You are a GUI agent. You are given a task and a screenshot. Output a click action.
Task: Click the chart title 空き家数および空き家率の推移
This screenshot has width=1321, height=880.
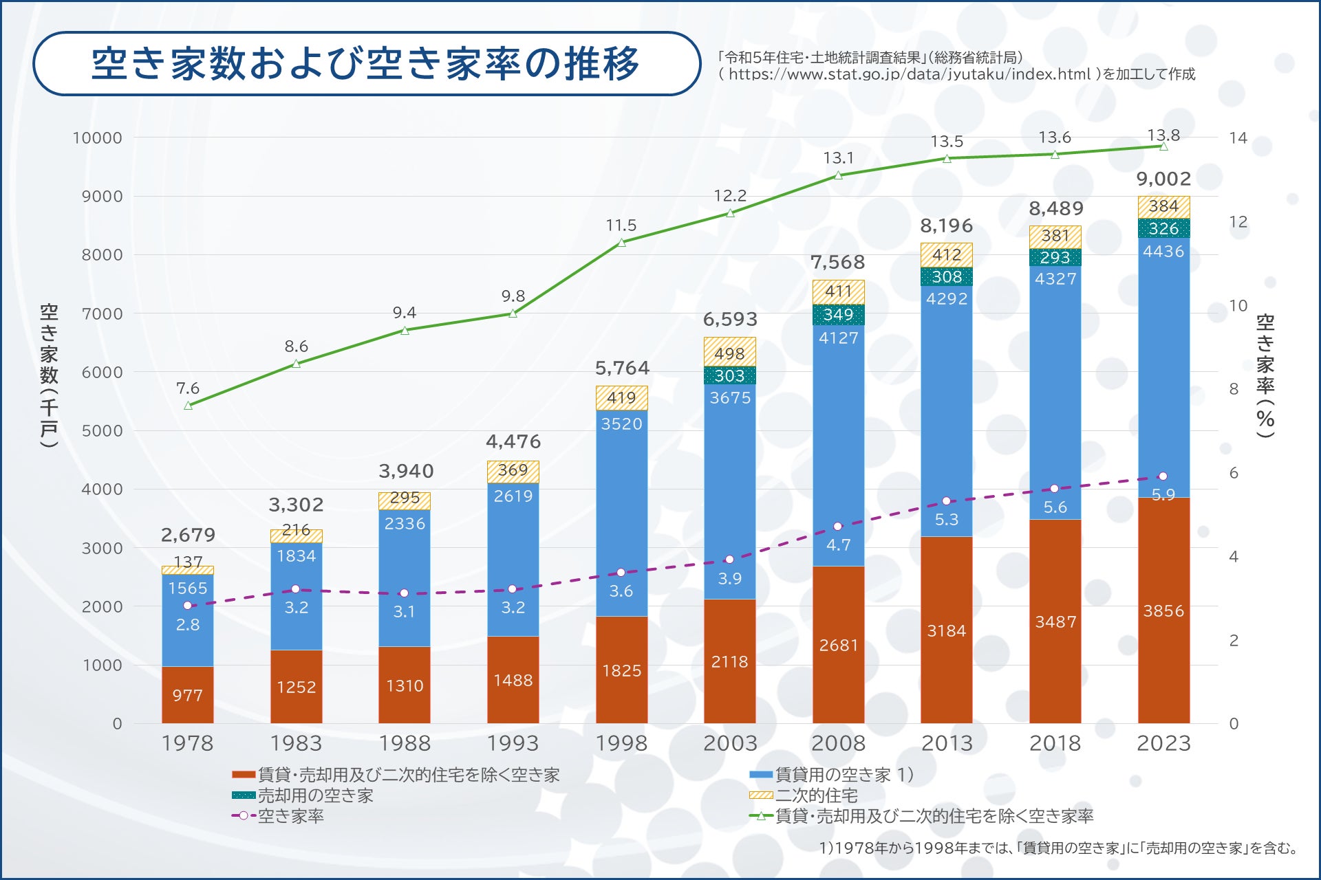[365, 63]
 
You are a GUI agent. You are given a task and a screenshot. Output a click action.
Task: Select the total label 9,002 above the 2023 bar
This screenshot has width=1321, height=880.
[1163, 179]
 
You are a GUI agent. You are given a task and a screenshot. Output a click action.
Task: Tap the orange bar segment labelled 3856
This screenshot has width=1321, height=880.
[1163, 610]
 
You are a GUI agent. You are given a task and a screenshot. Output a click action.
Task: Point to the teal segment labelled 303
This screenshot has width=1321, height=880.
[729, 375]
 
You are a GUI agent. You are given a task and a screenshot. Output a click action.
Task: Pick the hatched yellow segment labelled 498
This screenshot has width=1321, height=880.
[729, 353]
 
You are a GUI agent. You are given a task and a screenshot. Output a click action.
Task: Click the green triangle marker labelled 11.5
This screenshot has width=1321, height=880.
[621, 243]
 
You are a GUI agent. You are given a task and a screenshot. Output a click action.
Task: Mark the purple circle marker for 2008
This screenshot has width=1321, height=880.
[837, 527]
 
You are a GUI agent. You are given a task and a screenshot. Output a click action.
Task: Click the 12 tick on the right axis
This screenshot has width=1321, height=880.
[1238, 222]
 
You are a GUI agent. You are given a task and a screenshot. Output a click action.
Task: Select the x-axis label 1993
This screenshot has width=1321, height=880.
[513, 743]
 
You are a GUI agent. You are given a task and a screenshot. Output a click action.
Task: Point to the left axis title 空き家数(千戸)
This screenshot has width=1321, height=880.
[49, 375]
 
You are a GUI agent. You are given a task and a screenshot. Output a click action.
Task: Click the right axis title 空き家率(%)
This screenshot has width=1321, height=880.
[1265, 375]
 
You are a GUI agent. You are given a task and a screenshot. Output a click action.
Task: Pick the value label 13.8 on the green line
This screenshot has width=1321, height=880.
[1163, 135]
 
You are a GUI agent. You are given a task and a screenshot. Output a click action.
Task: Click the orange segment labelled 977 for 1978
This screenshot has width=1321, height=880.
[187, 695]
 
